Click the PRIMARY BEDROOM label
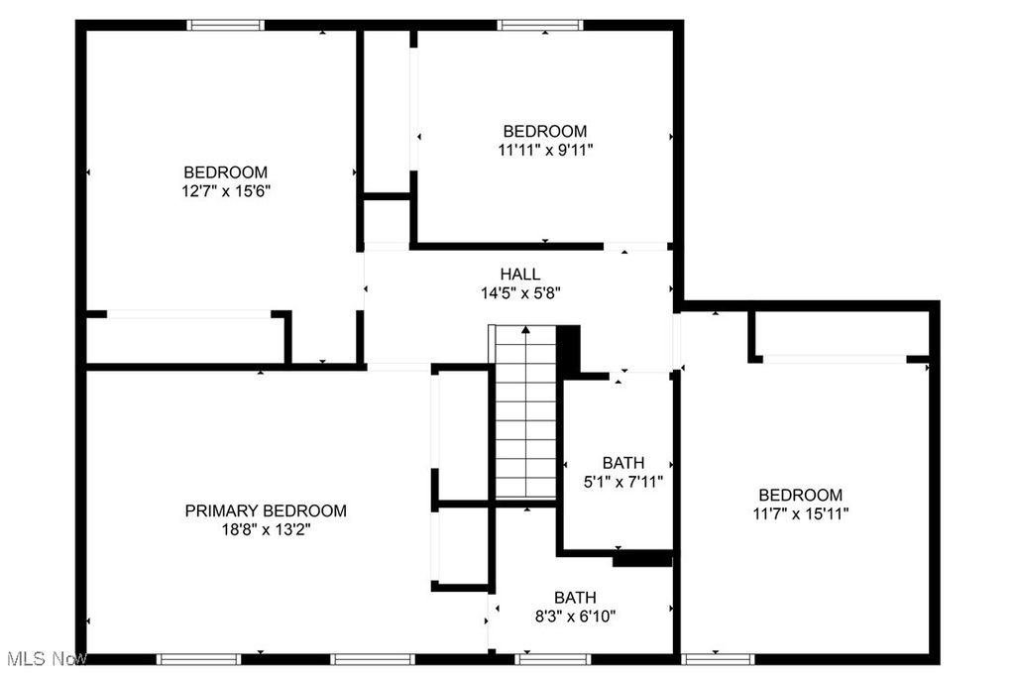tap(266, 510)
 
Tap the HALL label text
tap(519, 274)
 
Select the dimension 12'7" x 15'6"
tap(225, 191)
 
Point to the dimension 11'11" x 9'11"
tap(545, 150)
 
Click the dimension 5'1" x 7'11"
tap(623, 482)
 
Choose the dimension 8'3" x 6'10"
tap(575, 617)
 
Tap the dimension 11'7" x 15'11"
tap(800, 513)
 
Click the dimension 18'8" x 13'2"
tap(266, 529)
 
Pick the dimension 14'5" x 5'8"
tap(519, 292)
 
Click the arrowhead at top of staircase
tap(525, 330)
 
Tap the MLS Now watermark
tap(44, 659)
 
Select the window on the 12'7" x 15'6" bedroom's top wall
tap(226, 25)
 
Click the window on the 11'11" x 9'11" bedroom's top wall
tap(540, 25)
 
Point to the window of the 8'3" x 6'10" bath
tap(553, 659)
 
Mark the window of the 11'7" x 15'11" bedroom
tap(718, 659)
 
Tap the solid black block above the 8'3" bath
tap(642, 558)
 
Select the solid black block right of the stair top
tap(568, 350)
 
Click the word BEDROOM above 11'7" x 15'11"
tap(800, 496)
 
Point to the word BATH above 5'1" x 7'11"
tap(623, 463)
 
